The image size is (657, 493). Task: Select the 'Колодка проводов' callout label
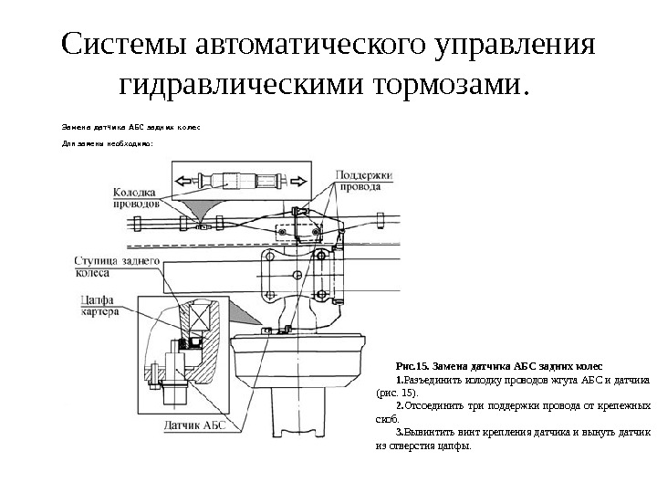point(135,198)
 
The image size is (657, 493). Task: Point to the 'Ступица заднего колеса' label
point(119,267)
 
